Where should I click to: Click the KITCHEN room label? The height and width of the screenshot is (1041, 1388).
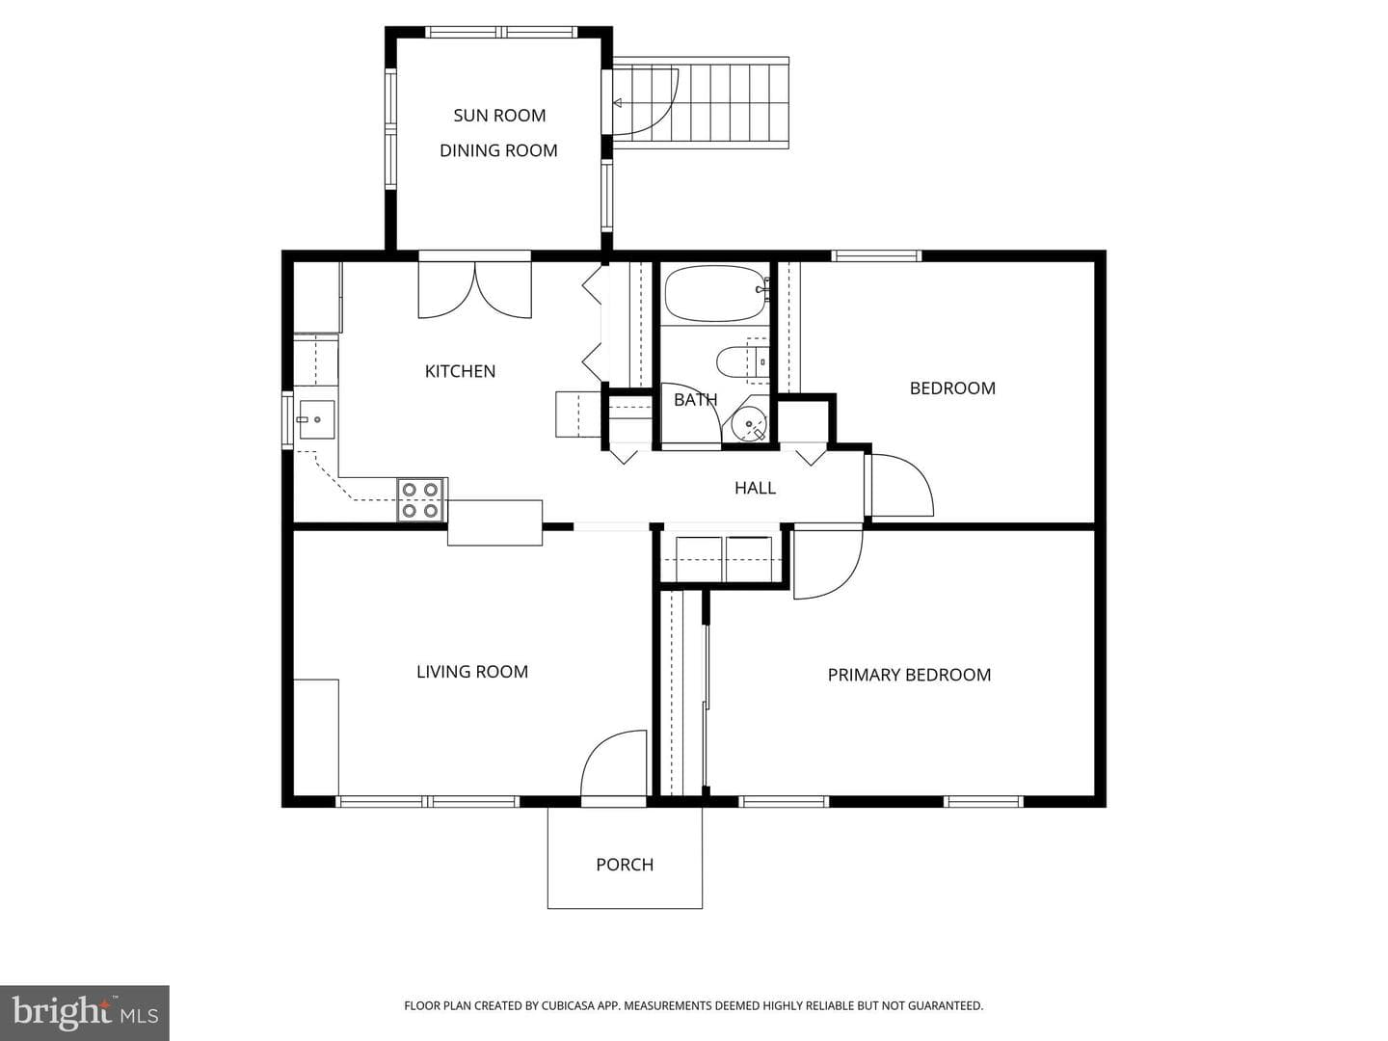click(x=460, y=371)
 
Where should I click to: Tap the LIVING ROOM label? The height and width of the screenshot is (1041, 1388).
click(x=472, y=671)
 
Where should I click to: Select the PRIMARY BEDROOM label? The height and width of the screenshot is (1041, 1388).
click(x=909, y=675)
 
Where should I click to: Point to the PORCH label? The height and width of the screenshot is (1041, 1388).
click(x=625, y=865)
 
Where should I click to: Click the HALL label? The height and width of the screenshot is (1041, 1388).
click(x=755, y=488)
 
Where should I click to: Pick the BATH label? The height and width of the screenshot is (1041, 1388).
click(x=696, y=399)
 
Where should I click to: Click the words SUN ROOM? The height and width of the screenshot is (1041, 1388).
click(x=499, y=116)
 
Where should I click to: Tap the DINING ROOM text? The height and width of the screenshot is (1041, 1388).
click(x=498, y=150)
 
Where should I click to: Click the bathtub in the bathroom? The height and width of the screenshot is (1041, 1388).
click(x=715, y=293)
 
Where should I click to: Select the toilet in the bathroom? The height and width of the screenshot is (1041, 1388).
click(x=741, y=361)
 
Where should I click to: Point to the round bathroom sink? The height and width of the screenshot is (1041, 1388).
click(x=749, y=424)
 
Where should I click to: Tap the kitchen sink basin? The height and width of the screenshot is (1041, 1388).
click(x=316, y=419)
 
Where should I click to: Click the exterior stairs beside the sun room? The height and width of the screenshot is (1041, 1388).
click(x=701, y=103)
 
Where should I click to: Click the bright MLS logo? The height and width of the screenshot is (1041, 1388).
click(x=85, y=1012)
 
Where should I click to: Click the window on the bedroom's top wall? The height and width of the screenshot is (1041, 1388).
click(x=876, y=256)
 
